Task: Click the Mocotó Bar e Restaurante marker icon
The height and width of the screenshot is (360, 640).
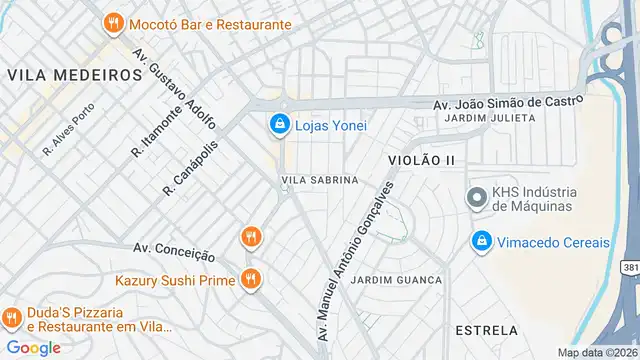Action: [x=114, y=23]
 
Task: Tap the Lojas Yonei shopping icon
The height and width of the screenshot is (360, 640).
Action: [x=280, y=125]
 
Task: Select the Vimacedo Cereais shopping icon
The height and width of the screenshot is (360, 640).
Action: [x=482, y=242]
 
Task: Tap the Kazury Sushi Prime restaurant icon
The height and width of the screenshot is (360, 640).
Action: [x=250, y=281]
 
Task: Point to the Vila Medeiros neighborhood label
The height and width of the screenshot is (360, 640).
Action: [x=74, y=75]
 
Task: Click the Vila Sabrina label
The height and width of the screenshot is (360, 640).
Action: [x=320, y=180]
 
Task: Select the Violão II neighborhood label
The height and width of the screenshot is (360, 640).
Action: [x=421, y=160]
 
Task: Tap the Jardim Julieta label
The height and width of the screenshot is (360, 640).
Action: [x=490, y=118]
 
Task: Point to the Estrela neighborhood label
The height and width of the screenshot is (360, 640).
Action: [x=486, y=330]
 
